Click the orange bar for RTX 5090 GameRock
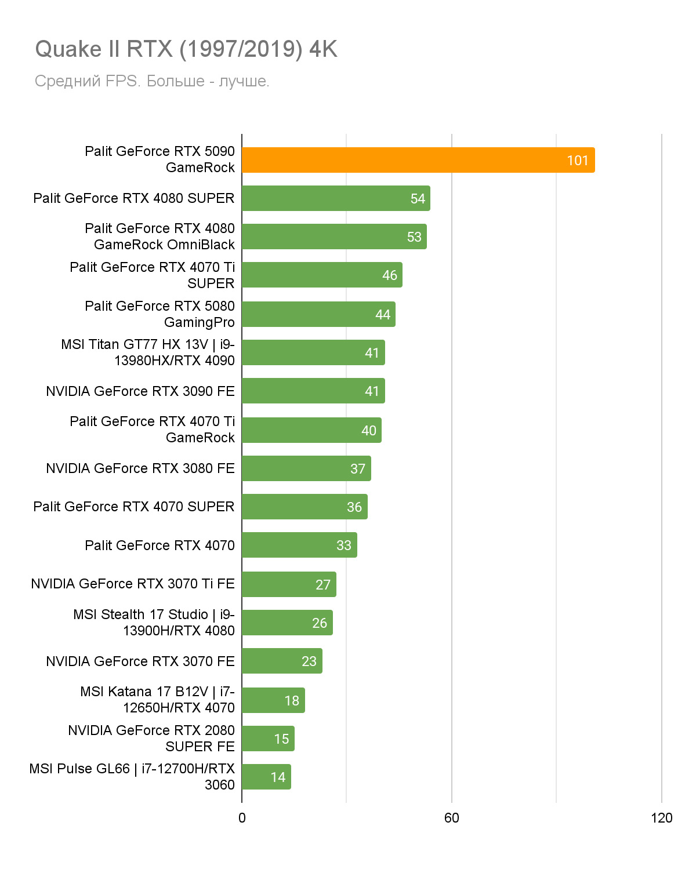(418, 160)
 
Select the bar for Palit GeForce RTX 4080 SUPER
(335, 198)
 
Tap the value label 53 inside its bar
(414, 237)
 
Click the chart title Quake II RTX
(186, 49)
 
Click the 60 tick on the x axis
(451, 818)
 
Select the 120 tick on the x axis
(661, 818)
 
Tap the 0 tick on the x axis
(242, 818)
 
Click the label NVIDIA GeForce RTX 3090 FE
(140, 391)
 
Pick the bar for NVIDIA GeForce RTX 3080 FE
(306, 468)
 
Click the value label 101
(578, 161)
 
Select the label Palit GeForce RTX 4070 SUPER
(134, 507)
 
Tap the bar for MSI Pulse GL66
(266, 777)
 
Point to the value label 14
(278, 777)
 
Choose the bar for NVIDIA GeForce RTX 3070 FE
(282, 661)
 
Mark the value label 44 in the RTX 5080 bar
(383, 315)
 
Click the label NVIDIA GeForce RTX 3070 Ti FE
(133, 584)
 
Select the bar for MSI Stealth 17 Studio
(287, 623)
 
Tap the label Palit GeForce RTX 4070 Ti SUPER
(153, 275)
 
